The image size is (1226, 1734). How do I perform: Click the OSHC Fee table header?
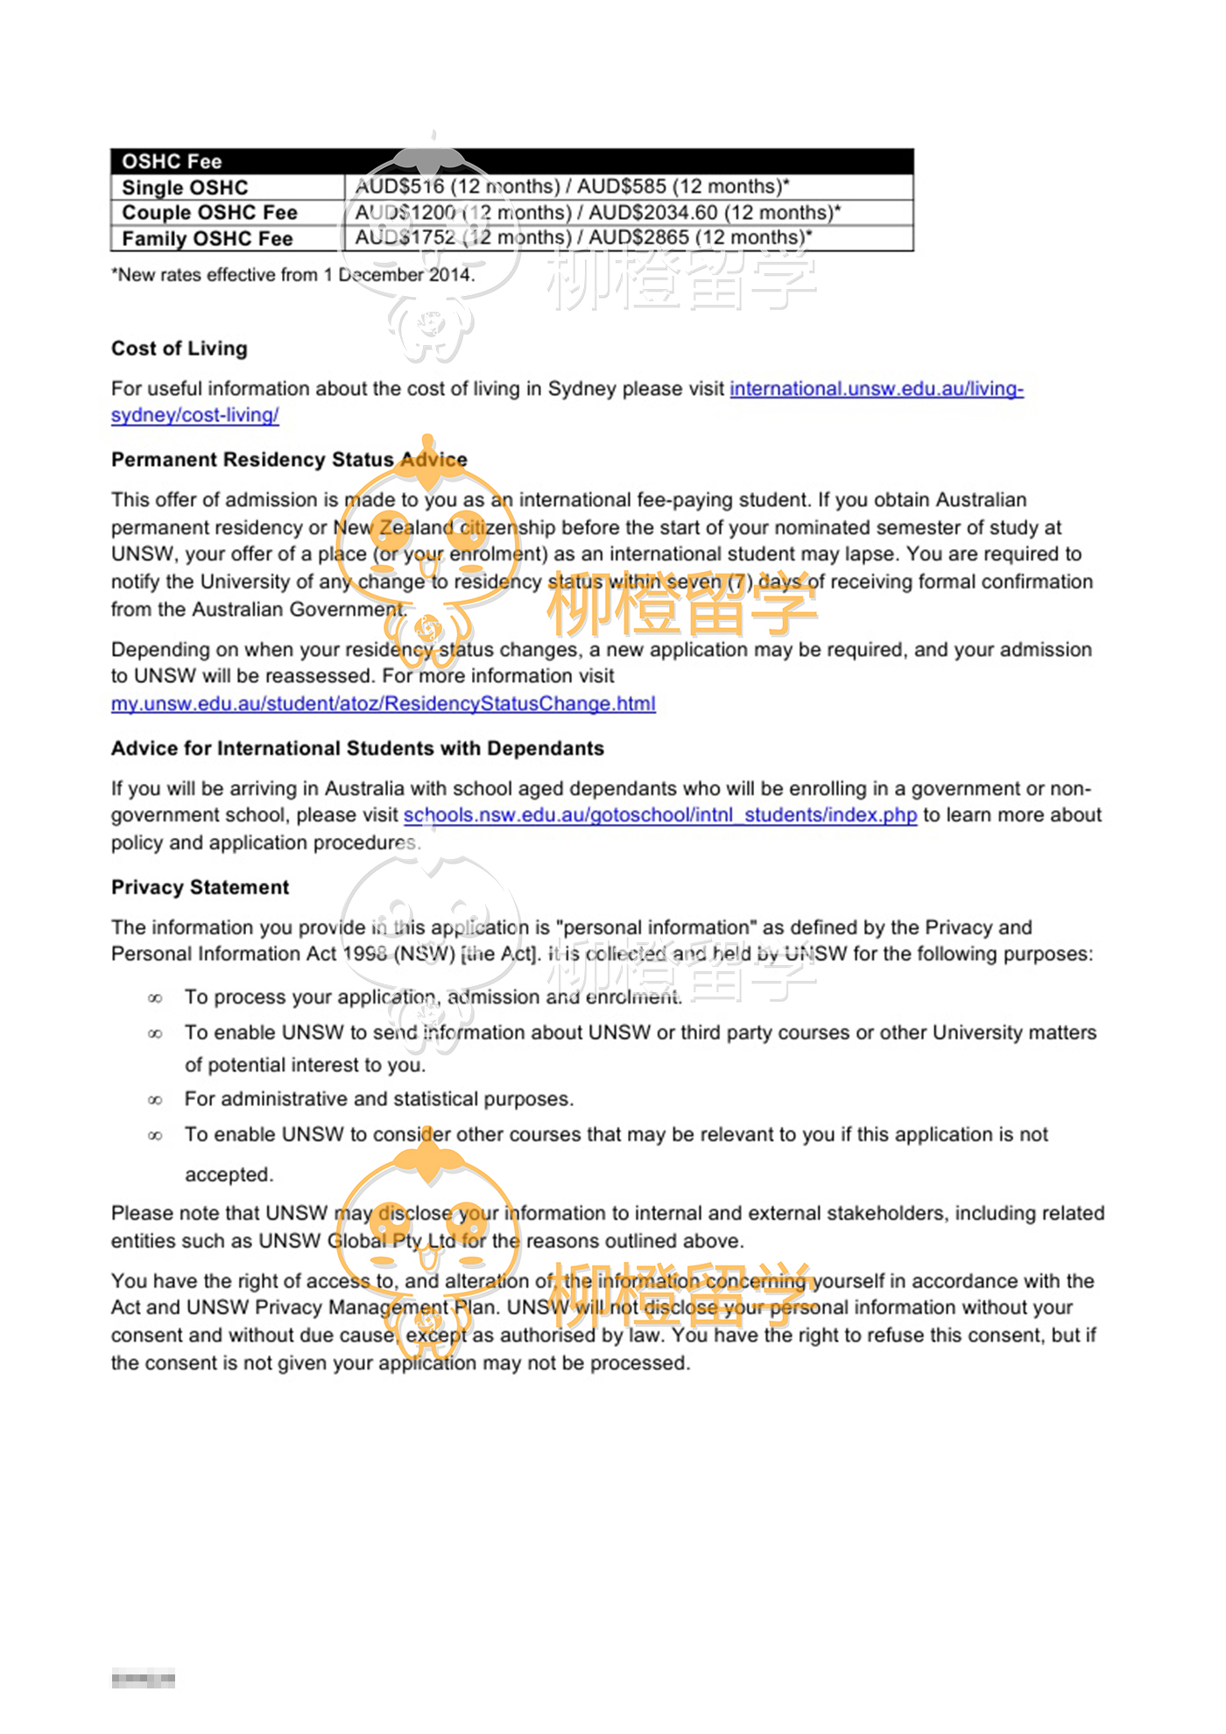(x=172, y=161)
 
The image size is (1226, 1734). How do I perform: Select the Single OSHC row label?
(x=185, y=187)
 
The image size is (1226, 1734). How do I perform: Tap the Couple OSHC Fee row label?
(x=209, y=213)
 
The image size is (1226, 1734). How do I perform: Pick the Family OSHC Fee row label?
(x=207, y=239)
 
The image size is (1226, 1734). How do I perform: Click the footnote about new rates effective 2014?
(x=292, y=275)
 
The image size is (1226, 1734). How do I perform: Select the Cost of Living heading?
(x=180, y=349)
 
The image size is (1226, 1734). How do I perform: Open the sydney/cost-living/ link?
(x=194, y=415)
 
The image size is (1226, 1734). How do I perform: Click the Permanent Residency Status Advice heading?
(x=289, y=460)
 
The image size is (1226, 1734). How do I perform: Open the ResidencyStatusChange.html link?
(x=383, y=703)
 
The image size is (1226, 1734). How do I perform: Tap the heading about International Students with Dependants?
(x=357, y=749)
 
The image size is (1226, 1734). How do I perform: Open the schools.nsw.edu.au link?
(x=659, y=815)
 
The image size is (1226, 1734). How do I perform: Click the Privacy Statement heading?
(x=200, y=887)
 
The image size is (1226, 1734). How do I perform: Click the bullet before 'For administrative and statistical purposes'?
(x=155, y=1100)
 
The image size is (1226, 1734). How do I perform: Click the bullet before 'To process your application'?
(x=155, y=998)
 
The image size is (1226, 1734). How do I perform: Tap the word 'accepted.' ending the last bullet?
(x=229, y=1174)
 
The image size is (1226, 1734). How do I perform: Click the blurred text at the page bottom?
(x=143, y=1680)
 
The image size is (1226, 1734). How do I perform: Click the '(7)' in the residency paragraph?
(x=740, y=582)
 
